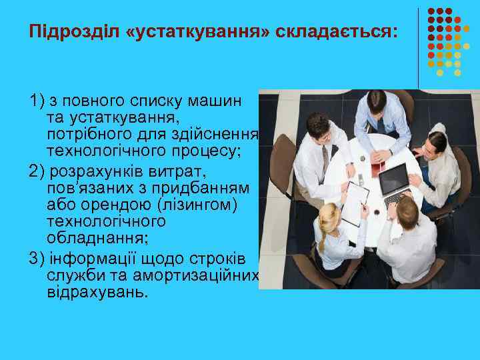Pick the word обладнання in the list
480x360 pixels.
[x=90, y=234]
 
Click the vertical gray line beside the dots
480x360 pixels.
[x=419, y=47]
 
